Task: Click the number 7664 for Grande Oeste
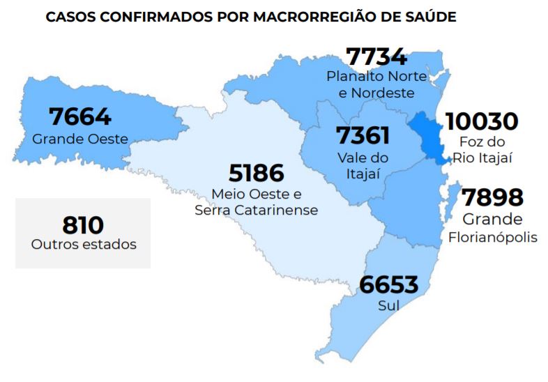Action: pos(80,117)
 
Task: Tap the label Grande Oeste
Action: pos(80,139)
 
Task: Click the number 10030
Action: pos(482,121)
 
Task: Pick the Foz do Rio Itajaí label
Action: pos(482,150)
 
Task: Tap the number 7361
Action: pos(363,135)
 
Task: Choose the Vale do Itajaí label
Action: pos(363,166)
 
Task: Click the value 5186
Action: pos(257,173)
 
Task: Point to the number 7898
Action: pos(492,198)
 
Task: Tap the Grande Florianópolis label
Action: pos(492,229)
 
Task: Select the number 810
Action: pos(83,225)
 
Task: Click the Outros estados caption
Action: pos(83,245)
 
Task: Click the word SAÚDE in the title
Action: pos(432,16)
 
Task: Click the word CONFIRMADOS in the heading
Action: pos(142,16)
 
